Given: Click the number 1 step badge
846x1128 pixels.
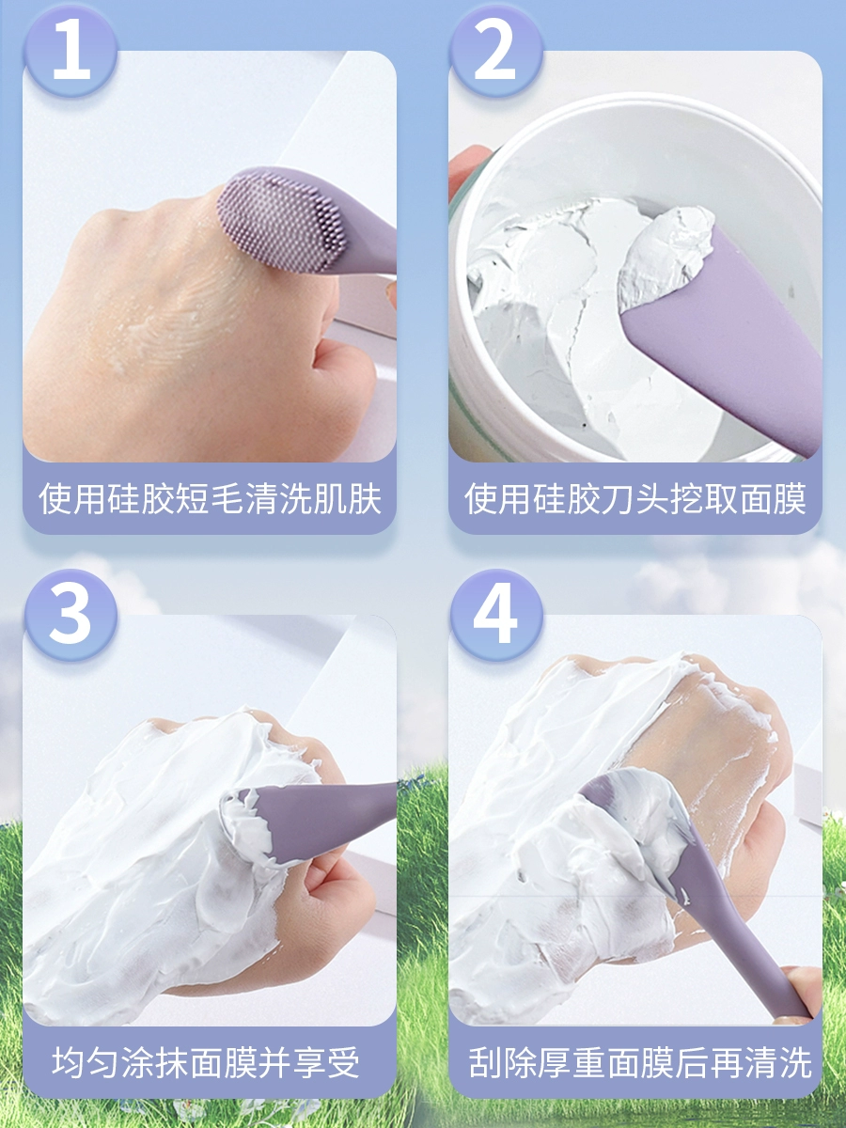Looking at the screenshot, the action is pos(71,50).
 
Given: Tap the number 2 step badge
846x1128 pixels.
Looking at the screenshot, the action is pos(495,50).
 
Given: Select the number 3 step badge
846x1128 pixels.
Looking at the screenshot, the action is pos(71,615).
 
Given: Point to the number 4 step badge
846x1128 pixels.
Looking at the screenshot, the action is pos(495,615).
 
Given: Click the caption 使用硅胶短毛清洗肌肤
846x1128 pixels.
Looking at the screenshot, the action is pos(210,498).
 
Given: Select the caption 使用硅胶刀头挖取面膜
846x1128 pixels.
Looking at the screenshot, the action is pos(635,498).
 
